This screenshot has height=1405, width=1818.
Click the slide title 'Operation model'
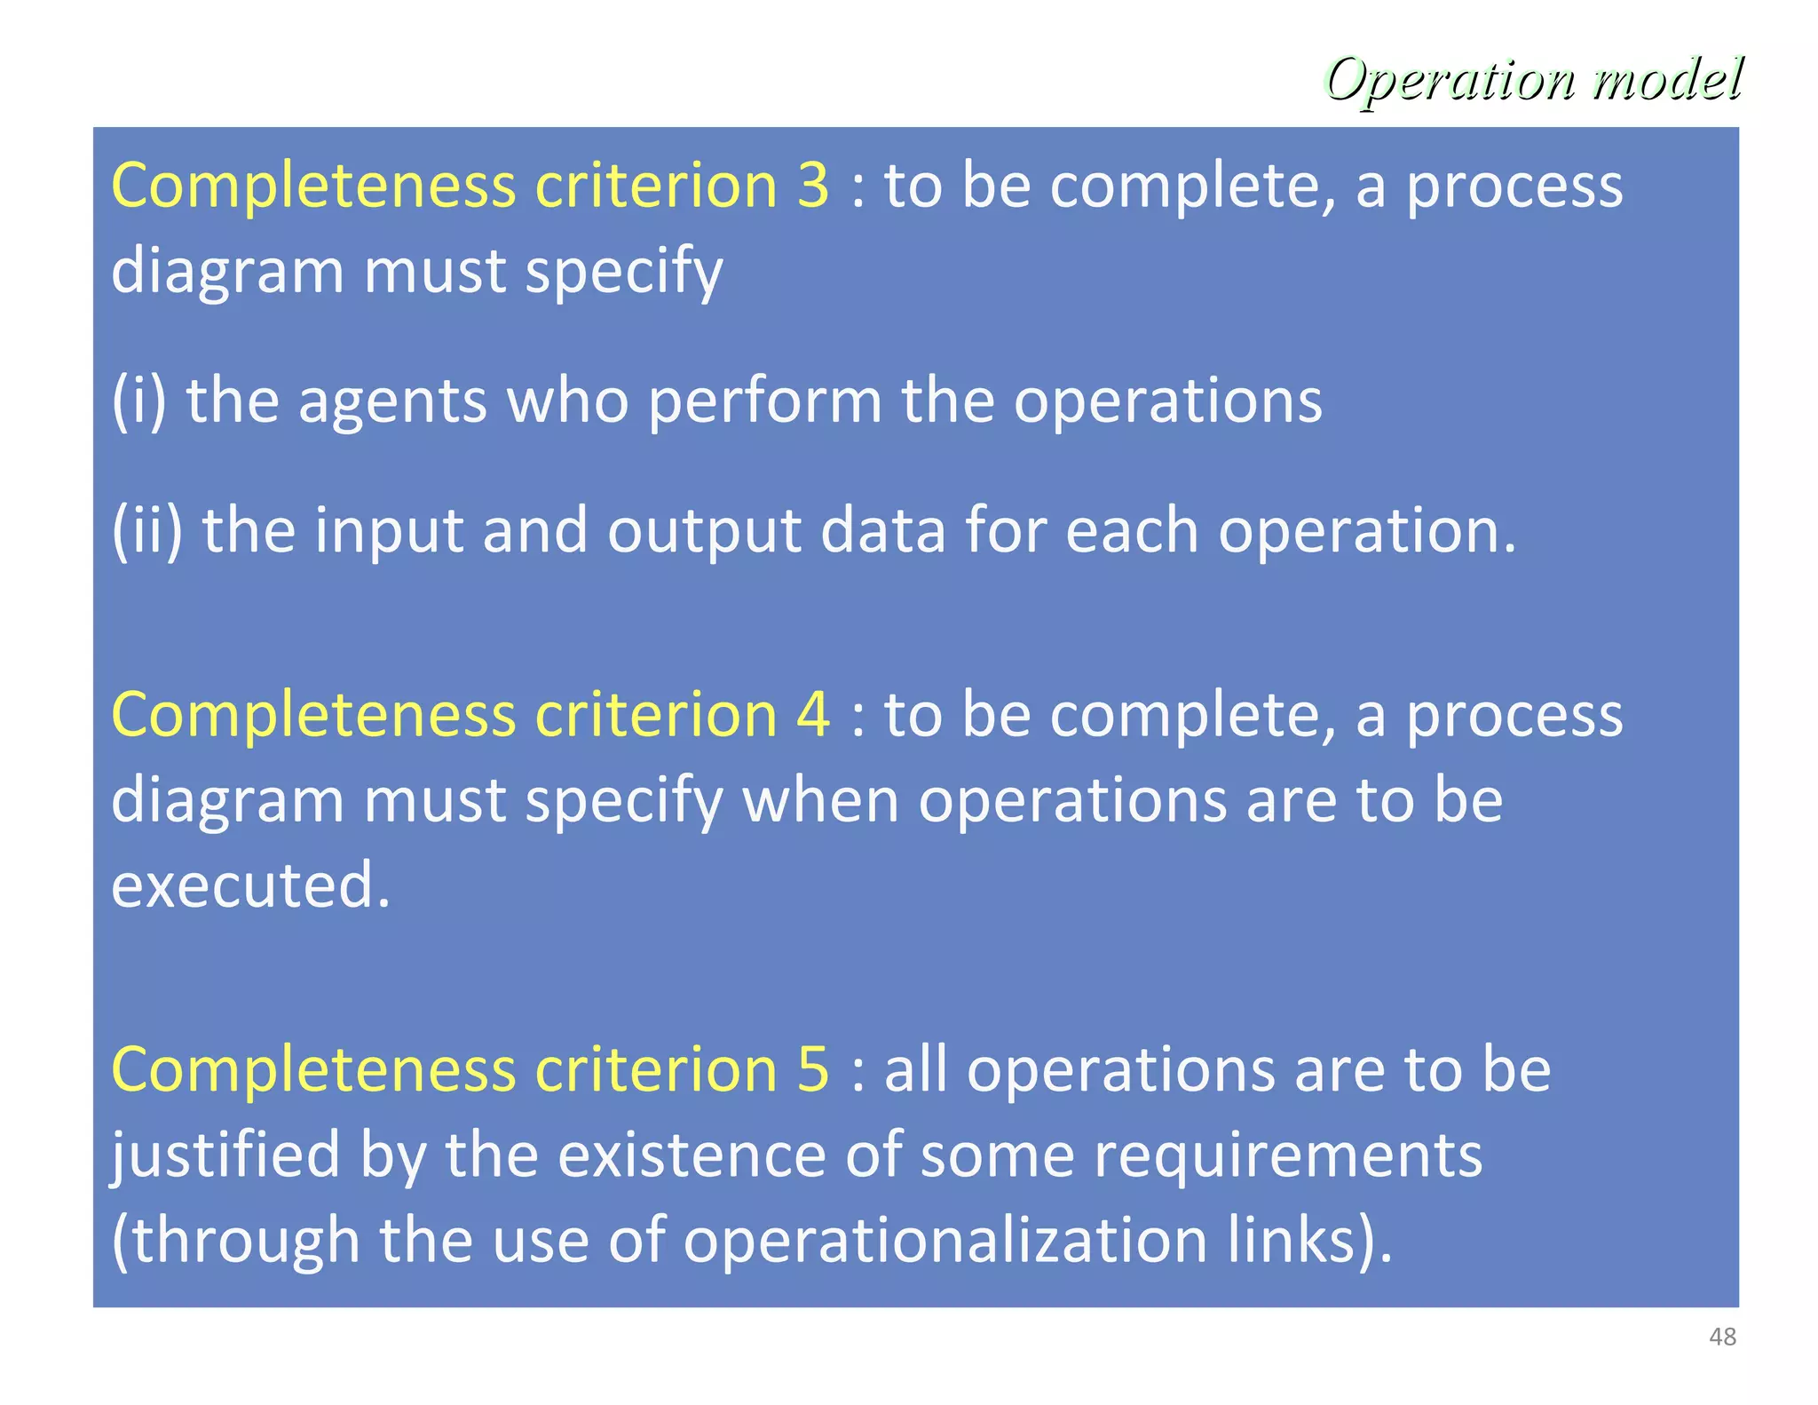[1533, 80]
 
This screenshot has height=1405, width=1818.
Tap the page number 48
[1722, 1337]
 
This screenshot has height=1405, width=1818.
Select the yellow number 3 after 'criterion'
[813, 186]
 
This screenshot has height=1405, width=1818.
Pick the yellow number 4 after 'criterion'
[813, 715]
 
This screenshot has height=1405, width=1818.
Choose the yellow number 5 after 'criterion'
[813, 1068]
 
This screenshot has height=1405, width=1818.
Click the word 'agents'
[392, 401]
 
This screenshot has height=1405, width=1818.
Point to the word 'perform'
[764, 401]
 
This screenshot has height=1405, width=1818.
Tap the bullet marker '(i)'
[138, 401]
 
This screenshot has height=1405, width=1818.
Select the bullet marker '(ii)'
[147, 531]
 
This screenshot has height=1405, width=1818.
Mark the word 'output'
[704, 531]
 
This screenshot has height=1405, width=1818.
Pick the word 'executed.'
[251, 885]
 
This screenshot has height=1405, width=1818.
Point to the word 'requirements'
[1287, 1155]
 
